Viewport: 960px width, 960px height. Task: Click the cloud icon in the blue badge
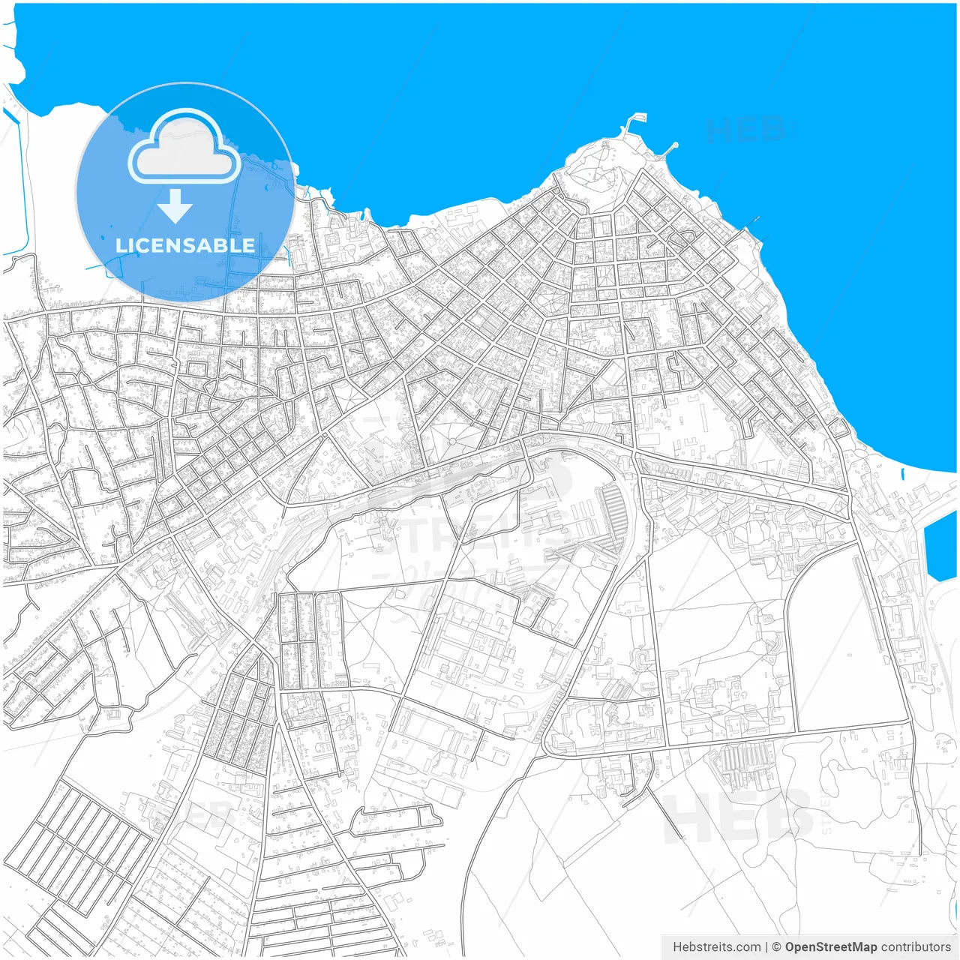point(184,148)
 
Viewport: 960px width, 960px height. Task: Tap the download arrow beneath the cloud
point(175,206)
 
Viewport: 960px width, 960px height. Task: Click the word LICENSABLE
point(185,245)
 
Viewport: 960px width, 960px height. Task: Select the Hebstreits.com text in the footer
point(716,947)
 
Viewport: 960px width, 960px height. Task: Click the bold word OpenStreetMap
point(831,947)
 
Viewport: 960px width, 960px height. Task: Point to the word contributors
point(916,947)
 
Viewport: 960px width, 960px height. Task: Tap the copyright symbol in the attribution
point(777,947)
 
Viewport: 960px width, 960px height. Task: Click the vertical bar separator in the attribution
point(766,947)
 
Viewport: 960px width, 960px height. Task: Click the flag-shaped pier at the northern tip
point(636,119)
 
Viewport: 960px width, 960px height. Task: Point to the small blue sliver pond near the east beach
point(902,475)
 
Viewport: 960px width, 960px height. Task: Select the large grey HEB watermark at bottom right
point(739,815)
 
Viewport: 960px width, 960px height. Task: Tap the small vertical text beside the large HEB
point(827,814)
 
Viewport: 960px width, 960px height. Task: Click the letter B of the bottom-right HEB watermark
point(787,815)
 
